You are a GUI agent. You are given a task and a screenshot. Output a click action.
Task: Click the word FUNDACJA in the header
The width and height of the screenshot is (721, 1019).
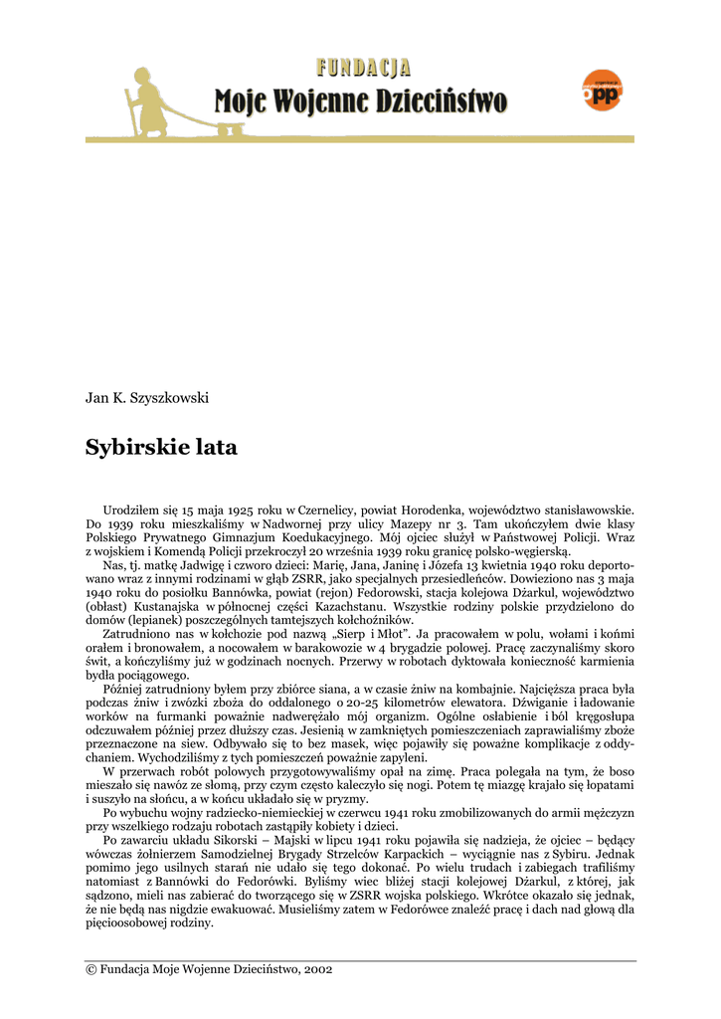[364, 68]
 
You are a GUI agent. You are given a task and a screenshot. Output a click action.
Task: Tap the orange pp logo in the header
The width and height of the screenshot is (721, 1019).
[602, 91]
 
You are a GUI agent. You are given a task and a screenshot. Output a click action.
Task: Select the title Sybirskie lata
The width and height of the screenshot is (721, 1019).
[161, 448]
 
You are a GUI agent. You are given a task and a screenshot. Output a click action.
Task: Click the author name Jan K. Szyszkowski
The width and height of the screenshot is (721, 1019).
[147, 398]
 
